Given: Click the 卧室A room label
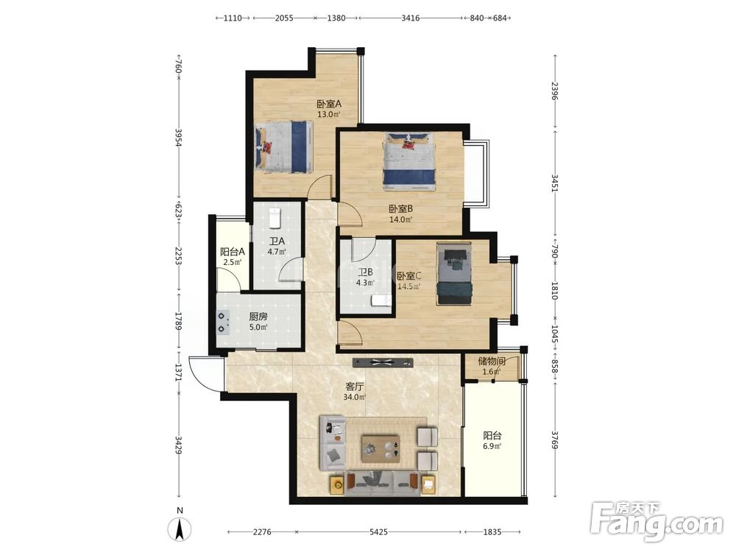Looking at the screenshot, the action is tap(328, 103).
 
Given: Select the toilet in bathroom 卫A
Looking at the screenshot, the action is tap(275, 217).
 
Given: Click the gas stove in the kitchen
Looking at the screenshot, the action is tap(223, 323).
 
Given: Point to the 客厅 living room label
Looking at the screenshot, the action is tap(355, 386).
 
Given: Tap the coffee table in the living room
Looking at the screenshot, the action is tap(381, 448).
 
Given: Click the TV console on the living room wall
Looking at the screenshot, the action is tap(383, 362).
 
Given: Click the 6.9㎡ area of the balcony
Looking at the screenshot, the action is tap(492, 447).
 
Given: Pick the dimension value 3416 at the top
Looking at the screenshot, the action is tap(411, 18).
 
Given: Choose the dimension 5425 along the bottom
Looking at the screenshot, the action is tap(378, 532).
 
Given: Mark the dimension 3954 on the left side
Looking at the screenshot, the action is tap(178, 137).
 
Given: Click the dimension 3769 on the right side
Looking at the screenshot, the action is tap(555, 440).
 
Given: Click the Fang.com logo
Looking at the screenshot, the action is tap(657, 521).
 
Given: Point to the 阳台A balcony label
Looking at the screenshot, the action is tap(233, 252).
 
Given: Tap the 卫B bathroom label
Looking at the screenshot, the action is tap(365, 272).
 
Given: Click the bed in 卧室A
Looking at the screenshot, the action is tap(283, 147).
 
